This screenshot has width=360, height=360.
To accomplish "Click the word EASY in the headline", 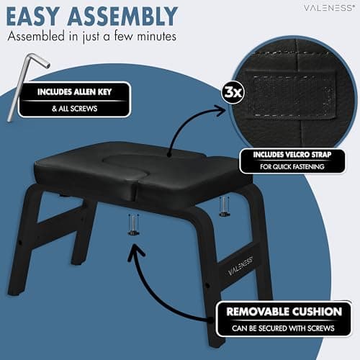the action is pos(33,16).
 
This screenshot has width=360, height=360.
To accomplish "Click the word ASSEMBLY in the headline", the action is pos(122,16).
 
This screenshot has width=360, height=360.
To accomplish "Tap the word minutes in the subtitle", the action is pos(157,37).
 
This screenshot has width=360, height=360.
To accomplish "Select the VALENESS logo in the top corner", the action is pos(329,8).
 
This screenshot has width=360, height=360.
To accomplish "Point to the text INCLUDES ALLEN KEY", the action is pos(74,91).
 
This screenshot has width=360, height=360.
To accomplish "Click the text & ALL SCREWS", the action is pos(74,109).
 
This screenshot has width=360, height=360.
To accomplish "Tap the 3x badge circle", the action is pos(233,92).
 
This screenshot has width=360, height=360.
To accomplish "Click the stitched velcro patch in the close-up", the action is pos(289,96).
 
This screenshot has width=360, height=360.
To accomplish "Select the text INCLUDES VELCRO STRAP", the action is pos(292,155).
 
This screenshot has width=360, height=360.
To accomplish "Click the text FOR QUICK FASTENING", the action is pos(292,166).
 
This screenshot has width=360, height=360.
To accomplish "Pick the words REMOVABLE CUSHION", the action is pos(284,312).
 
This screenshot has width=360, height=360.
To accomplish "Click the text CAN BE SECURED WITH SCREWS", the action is pos(283,328).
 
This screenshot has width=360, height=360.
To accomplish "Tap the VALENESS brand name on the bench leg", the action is pos(240,266).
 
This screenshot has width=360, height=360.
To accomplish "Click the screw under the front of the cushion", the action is pos(133,225).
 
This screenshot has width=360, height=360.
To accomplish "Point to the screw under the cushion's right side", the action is pos(224,207).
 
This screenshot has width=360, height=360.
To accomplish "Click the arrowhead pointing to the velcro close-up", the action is pos(220,110).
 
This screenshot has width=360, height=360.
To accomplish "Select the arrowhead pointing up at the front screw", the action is pos(136,251).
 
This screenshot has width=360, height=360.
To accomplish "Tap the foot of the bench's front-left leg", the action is pos(17,291).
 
